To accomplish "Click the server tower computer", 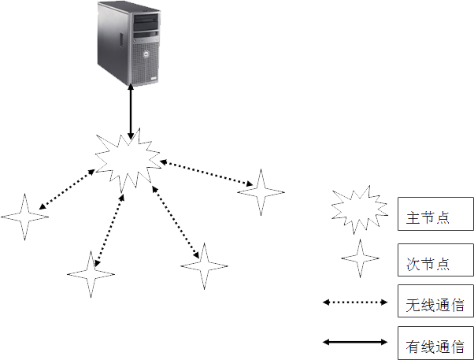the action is [x=129, y=44].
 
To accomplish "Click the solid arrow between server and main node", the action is [x=131, y=111].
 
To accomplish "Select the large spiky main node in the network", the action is [x=128, y=160].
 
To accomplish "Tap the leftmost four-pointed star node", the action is [x=24, y=217].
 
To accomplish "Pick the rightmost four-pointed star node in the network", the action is [x=261, y=192].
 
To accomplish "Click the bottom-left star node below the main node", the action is [x=91, y=274].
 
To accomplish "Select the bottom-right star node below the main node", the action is [x=205, y=266].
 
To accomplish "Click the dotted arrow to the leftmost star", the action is [x=67, y=189].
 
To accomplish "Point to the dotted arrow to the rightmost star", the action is [x=206, y=173].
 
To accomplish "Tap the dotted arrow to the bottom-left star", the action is [x=109, y=230].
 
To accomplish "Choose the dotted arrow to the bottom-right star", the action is [x=176, y=222].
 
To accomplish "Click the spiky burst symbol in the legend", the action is [x=360, y=210].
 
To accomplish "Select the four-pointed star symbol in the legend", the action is [x=360, y=258].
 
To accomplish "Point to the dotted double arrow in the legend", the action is [x=355, y=302].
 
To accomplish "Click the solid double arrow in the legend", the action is [x=355, y=342].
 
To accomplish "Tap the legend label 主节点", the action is [x=428, y=218].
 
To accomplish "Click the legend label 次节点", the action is [x=428, y=264].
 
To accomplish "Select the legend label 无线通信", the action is [x=435, y=305].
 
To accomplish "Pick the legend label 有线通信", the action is [x=435, y=347].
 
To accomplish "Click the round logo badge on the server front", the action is [x=146, y=54].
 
